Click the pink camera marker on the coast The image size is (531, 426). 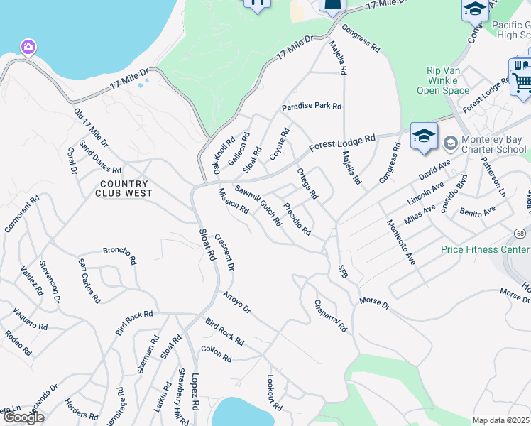pos(28,48)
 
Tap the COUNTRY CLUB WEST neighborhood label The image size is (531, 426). pos(123,189)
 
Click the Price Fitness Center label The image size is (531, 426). pos(485,249)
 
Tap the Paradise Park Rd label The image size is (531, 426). pos(312,106)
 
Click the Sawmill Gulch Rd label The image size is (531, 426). pos(258,202)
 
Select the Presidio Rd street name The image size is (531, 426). pos(297,219)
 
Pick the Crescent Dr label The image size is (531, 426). pos(224,253)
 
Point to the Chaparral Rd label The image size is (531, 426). pos(330,316)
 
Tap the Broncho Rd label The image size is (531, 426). pos(119,254)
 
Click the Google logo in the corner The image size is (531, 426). pos(23,417)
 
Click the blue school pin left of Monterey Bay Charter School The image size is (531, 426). pos(424,136)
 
